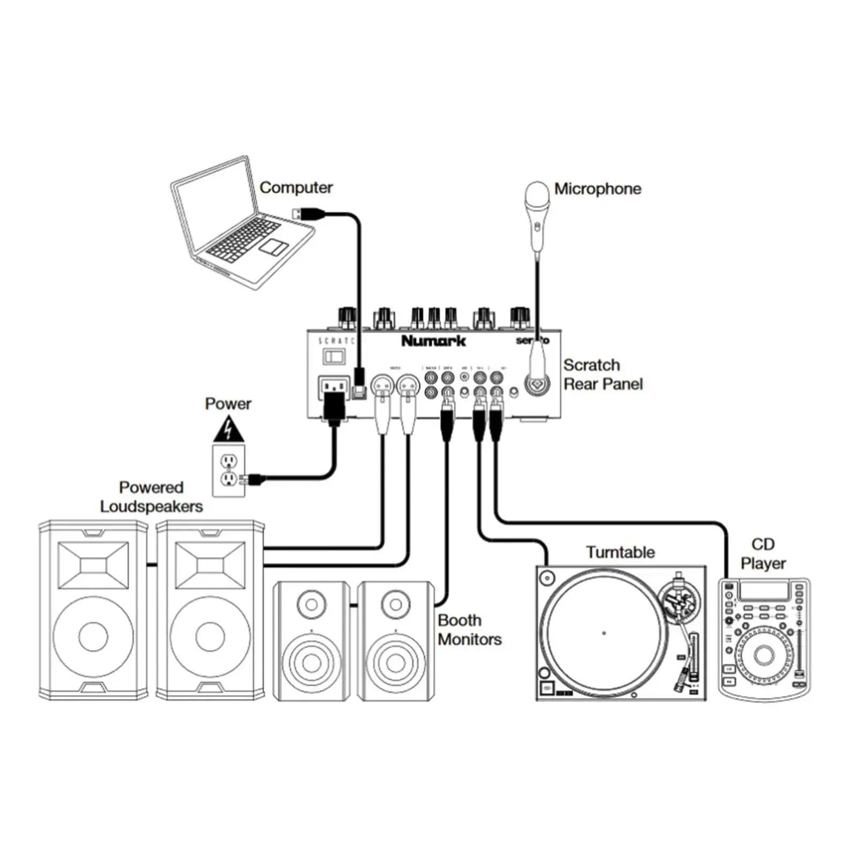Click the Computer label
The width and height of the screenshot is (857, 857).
click(296, 187)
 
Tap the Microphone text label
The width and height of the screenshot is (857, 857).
click(597, 189)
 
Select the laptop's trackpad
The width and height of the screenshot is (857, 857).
click(273, 247)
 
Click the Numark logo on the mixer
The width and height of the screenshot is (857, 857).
click(433, 341)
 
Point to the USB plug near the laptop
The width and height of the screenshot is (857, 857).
click(308, 214)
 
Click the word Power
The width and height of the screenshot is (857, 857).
click(228, 403)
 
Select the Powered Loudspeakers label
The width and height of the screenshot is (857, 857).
click(151, 497)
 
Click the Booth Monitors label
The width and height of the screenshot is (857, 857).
click(469, 629)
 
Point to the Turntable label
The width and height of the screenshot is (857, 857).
click(620, 552)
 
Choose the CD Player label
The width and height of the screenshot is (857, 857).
click(763, 553)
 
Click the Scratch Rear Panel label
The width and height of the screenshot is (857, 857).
click(603, 374)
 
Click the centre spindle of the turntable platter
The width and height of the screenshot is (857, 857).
click(604, 633)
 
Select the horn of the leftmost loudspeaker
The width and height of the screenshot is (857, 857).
click(93, 565)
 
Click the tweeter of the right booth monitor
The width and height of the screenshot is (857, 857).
click(396, 605)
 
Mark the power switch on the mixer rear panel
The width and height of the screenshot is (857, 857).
click(334, 356)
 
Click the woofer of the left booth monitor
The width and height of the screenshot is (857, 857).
click(311, 663)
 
